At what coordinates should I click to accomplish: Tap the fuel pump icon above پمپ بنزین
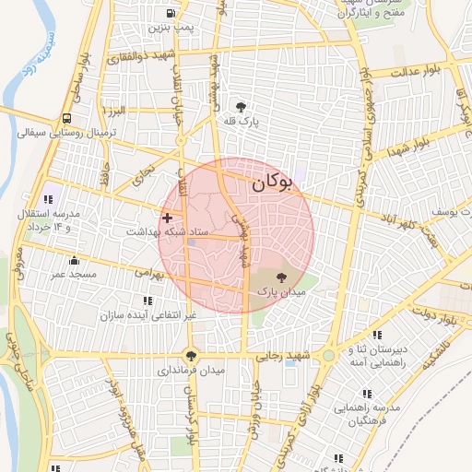point(171,14)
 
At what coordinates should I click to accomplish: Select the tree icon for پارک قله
point(242,106)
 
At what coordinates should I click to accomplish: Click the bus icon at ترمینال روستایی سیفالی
point(67,119)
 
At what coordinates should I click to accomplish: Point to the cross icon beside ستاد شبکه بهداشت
point(167,218)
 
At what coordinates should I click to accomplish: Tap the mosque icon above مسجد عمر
point(74,261)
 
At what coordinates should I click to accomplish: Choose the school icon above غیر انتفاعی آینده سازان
point(147,301)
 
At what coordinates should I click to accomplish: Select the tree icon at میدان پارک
point(281,277)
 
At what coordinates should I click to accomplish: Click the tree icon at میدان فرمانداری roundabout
point(191,355)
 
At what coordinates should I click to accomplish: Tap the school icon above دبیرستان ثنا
point(376,336)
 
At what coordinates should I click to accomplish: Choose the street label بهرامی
point(147,273)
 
